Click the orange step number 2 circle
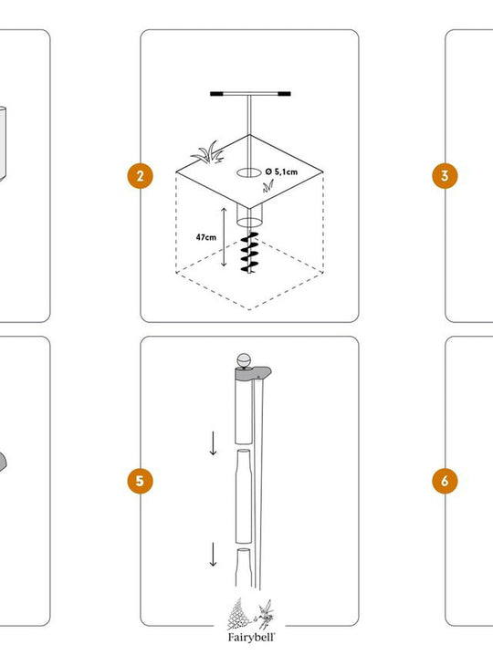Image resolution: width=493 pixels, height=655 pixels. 140,176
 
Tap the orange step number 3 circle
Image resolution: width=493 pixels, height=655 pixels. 445,176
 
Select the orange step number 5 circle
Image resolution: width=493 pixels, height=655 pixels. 140,481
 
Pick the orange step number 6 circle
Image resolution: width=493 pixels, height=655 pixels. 445,481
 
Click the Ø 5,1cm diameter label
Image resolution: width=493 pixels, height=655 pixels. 281,172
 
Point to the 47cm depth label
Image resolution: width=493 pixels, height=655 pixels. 206,237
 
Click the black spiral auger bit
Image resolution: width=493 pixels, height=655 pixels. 249,253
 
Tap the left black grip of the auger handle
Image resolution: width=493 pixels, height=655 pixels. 216,94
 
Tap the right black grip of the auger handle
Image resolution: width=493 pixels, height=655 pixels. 284,94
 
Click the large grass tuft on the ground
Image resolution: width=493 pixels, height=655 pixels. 208,153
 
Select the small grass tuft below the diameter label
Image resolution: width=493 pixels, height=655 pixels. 268,186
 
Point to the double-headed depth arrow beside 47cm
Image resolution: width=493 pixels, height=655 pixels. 224,237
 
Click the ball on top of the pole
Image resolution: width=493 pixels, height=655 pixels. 244,359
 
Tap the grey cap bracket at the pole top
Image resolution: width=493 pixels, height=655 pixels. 254,373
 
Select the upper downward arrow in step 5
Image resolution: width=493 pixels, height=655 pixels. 214,443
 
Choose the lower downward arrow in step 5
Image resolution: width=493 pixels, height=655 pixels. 214,555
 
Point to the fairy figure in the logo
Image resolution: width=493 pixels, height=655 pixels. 264,615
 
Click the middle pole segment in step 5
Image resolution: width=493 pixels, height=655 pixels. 244,496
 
